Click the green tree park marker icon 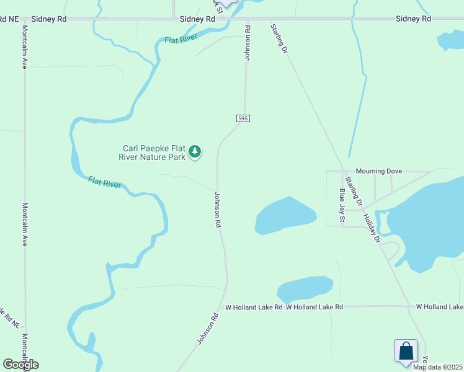pos(195,151)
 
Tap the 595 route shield pos(243,118)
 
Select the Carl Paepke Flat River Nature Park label pos(153,153)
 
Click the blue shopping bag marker pos(406,351)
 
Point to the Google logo pos(20,365)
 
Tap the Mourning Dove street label pos(379,170)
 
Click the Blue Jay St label pos(341,205)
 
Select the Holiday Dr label pos(371,228)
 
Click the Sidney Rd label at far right pos(414,19)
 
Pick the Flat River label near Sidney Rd pos(181,40)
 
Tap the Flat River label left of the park pos(104,182)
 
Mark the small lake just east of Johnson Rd pos(285,216)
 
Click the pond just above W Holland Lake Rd pos(304,289)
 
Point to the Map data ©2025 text pos(438,367)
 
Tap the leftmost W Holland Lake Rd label pos(254,307)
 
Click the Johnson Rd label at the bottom pos(208,329)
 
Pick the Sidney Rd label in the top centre pos(197,19)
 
